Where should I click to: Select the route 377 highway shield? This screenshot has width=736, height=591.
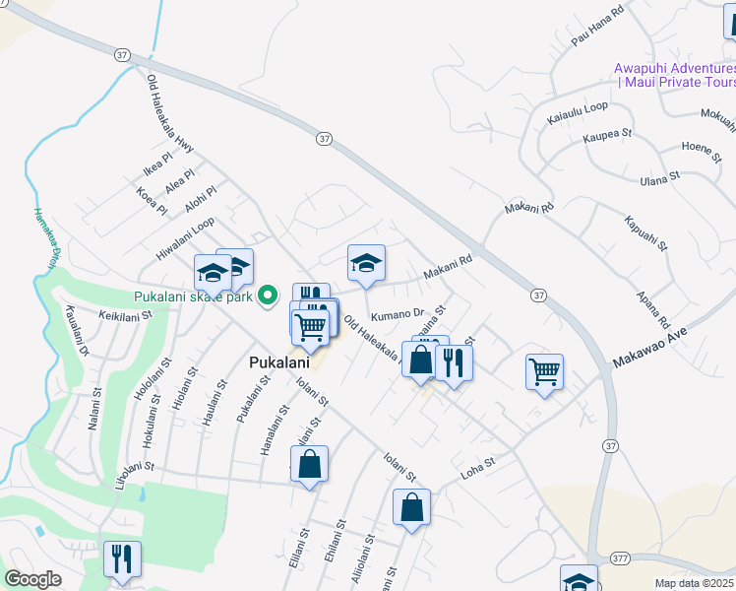coord(620,558)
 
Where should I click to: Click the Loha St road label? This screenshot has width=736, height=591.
coord(477,468)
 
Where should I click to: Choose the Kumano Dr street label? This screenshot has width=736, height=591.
coord(398,315)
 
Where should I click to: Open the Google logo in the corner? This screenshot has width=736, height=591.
coord(32,579)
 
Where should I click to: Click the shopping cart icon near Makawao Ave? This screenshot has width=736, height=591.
coord(544,371)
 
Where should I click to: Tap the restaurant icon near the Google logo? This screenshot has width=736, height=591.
coord(122,558)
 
